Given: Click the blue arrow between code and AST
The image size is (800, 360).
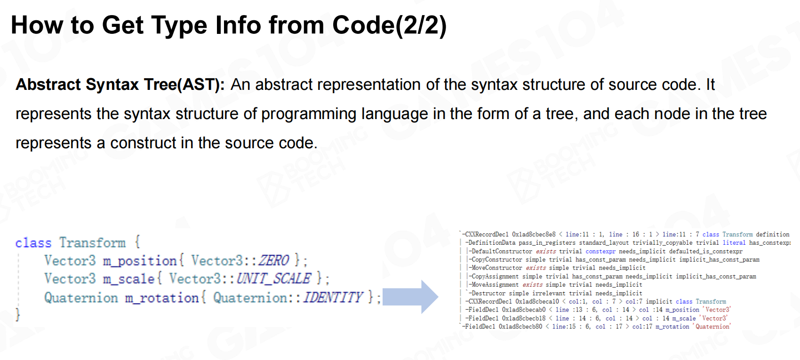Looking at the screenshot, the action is tap(410, 297).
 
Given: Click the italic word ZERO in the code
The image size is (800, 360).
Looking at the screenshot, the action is tap(273, 260).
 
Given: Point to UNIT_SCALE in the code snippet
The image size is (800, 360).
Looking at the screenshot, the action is tap(273, 279).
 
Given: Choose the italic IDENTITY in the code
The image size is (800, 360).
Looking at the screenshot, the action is tap(333, 297).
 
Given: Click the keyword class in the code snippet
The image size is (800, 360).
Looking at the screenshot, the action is tap(33, 243).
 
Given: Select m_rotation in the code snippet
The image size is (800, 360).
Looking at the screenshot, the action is tap(162, 297).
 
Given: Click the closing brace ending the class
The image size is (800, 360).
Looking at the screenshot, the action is tap(18, 315).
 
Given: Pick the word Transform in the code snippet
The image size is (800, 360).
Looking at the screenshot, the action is tap(93, 243).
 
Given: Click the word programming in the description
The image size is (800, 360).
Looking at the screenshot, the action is tap(309, 114).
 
